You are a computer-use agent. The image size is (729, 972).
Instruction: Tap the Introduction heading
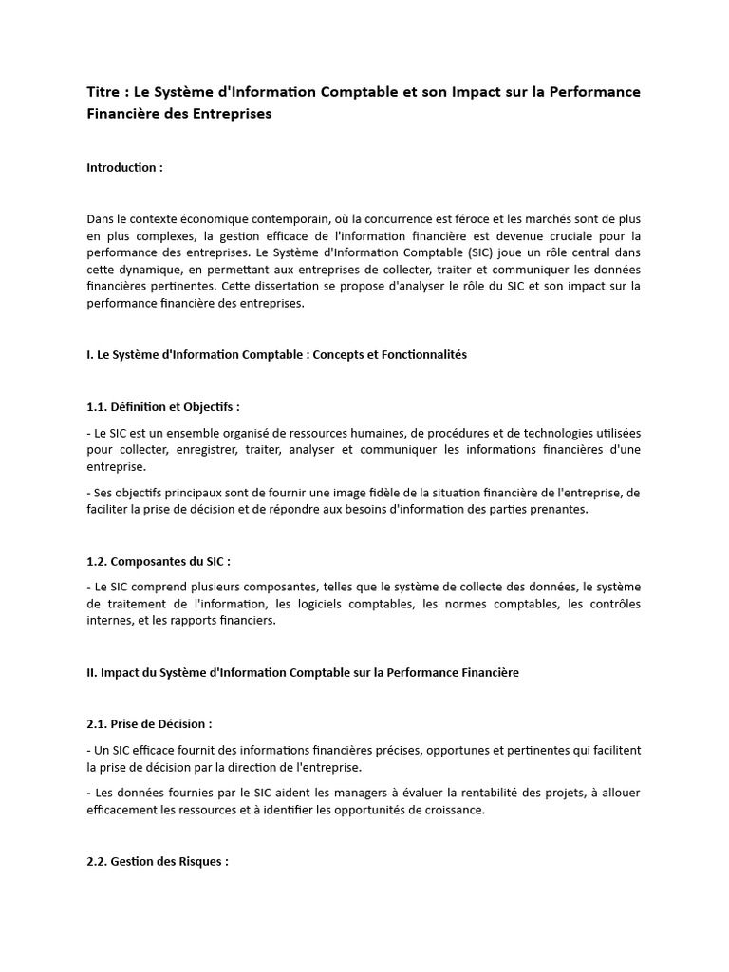(124, 168)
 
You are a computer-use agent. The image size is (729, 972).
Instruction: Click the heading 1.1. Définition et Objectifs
(162, 407)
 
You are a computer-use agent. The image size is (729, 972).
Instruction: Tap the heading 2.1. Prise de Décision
(149, 724)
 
